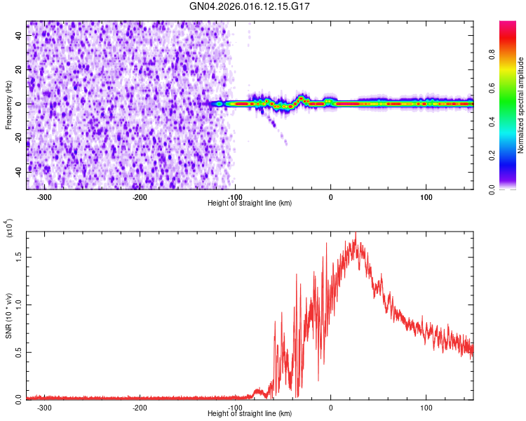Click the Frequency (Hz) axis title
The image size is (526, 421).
8,105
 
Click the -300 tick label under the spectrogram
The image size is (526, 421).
45,197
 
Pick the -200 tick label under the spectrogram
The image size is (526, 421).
140,197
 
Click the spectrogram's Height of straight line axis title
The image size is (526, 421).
250,203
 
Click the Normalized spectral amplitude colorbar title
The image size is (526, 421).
520,105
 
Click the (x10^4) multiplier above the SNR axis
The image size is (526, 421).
9,228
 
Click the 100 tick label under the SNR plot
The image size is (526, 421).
426,408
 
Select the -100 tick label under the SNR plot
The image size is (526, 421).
236,408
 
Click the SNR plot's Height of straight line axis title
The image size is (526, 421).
250,415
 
